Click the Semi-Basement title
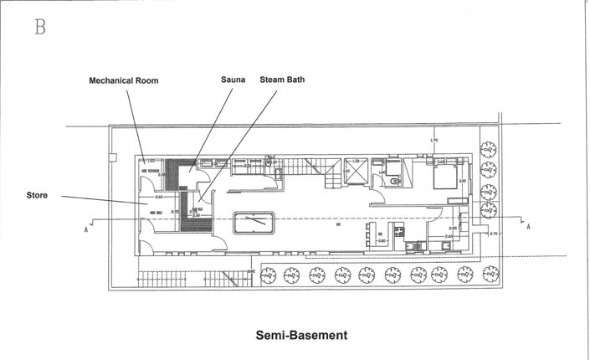(300, 335)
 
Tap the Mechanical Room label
(124, 81)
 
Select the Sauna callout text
(233, 81)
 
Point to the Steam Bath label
(283, 81)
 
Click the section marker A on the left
(87, 225)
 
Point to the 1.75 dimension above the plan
(434, 140)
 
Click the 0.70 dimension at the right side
(493, 233)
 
